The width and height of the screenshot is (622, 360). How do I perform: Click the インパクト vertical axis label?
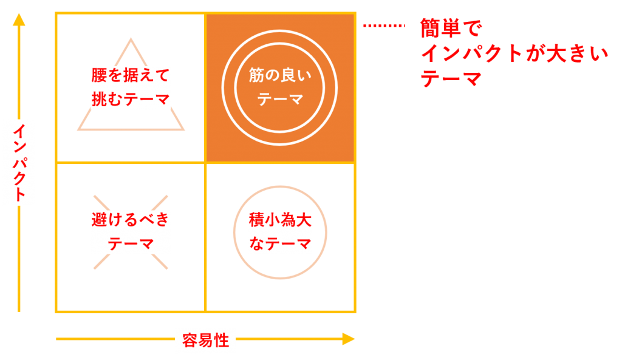(x=19, y=162)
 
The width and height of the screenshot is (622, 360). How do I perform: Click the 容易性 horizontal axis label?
(x=205, y=341)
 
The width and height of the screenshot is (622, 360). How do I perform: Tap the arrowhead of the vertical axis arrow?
(x=19, y=19)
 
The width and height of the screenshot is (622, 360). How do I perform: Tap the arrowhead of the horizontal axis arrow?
(x=348, y=339)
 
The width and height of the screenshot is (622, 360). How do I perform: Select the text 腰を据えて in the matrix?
(x=130, y=76)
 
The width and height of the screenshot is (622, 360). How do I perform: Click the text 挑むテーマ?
(x=130, y=99)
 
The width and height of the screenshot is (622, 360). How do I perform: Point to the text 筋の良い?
(x=279, y=76)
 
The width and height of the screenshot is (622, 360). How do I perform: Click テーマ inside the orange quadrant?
(x=279, y=99)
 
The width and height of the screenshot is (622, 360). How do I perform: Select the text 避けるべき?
(x=130, y=220)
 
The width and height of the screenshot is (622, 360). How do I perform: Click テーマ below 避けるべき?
(x=130, y=243)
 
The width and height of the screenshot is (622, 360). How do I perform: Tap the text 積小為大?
(x=280, y=220)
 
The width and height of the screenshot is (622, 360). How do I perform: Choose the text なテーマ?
(x=280, y=243)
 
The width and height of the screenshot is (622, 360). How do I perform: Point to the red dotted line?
(x=384, y=26)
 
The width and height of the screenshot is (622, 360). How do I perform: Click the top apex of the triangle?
(x=130, y=40)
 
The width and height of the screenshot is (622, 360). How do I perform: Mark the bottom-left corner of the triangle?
(x=78, y=129)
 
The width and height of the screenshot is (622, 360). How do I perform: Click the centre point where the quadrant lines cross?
(x=206, y=163)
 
